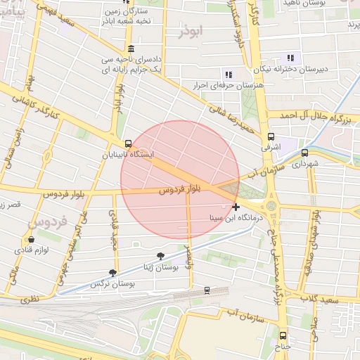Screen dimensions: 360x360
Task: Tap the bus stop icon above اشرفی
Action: coord(271,138)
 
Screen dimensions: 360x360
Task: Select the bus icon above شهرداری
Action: coord(304,153)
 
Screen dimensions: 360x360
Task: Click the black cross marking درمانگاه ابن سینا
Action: coord(236,207)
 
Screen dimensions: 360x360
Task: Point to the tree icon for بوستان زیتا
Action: coord(162,255)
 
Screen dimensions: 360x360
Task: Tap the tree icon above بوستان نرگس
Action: coord(112,273)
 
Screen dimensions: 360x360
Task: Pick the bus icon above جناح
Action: coord(283,336)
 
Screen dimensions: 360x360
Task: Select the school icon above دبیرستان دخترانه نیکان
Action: coord(289,59)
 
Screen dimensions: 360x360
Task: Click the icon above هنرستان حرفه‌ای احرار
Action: coord(228,74)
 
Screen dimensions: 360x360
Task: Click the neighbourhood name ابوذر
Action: coord(191,32)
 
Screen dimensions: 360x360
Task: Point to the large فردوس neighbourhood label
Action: coord(48,223)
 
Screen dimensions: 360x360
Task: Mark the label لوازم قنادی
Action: coord(32,250)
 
